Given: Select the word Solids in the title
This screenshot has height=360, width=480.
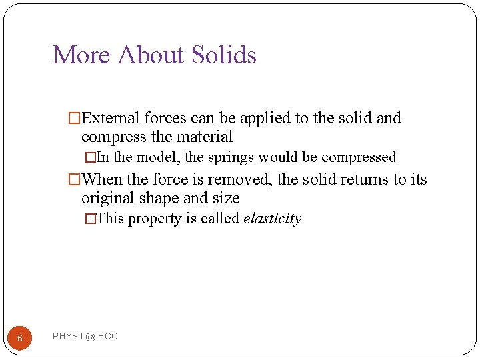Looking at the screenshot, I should [x=224, y=55].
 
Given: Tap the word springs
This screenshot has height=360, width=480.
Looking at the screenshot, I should [x=231, y=158].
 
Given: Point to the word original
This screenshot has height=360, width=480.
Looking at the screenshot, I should [x=107, y=199].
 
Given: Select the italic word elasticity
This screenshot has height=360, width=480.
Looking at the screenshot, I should [x=273, y=219].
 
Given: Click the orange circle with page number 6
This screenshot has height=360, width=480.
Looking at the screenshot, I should [x=20, y=338].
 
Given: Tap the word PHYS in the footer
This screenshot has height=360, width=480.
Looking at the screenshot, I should [x=65, y=337].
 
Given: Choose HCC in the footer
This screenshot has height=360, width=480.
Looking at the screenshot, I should [x=107, y=337].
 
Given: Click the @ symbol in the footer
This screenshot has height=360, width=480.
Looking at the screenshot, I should [x=89, y=337].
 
